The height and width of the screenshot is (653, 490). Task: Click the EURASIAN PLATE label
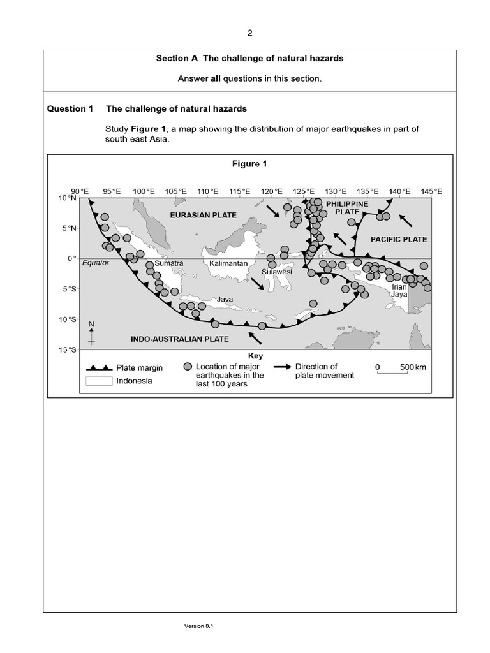(203, 216)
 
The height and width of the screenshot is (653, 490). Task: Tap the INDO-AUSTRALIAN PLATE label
(179, 339)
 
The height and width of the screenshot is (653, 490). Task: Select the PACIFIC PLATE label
(399, 239)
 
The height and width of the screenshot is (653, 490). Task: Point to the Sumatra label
(169, 263)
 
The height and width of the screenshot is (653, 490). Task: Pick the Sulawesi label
(277, 271)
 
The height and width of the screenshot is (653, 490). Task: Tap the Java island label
(226, 298)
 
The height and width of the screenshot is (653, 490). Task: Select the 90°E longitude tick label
(80, 191)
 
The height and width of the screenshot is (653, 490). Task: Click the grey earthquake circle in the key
(187, 367)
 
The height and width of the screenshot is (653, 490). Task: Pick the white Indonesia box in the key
(98, 381)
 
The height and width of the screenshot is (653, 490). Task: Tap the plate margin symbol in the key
(100, 367)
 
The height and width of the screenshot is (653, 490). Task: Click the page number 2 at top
(249, 33)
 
